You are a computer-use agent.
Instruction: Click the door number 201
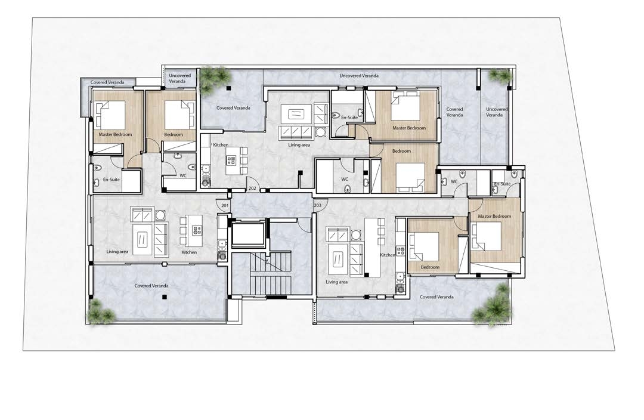pos(225,205)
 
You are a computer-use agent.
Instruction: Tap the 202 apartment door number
pos(252,188)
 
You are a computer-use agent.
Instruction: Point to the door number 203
pos(317,205)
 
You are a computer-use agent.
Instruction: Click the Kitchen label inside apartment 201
pos(189,252)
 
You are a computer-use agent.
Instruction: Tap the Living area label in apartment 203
pos(337,282)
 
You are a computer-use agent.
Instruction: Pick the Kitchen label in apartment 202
pos(221,145)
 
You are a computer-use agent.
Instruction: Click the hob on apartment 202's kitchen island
pos(231,160)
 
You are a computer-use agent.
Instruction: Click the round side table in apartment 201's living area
pos(159,215)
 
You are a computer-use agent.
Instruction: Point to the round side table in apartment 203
pos(355,236)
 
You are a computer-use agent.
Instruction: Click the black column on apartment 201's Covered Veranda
pos(164,297)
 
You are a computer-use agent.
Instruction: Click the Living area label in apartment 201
pos(117,252)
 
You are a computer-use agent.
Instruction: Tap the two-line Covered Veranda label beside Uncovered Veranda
pos(454,112)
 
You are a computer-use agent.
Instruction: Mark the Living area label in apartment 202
pos(299,145)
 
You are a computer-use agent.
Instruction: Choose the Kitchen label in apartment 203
pos(388,255)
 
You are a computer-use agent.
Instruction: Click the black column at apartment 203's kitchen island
pos(367,274)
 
